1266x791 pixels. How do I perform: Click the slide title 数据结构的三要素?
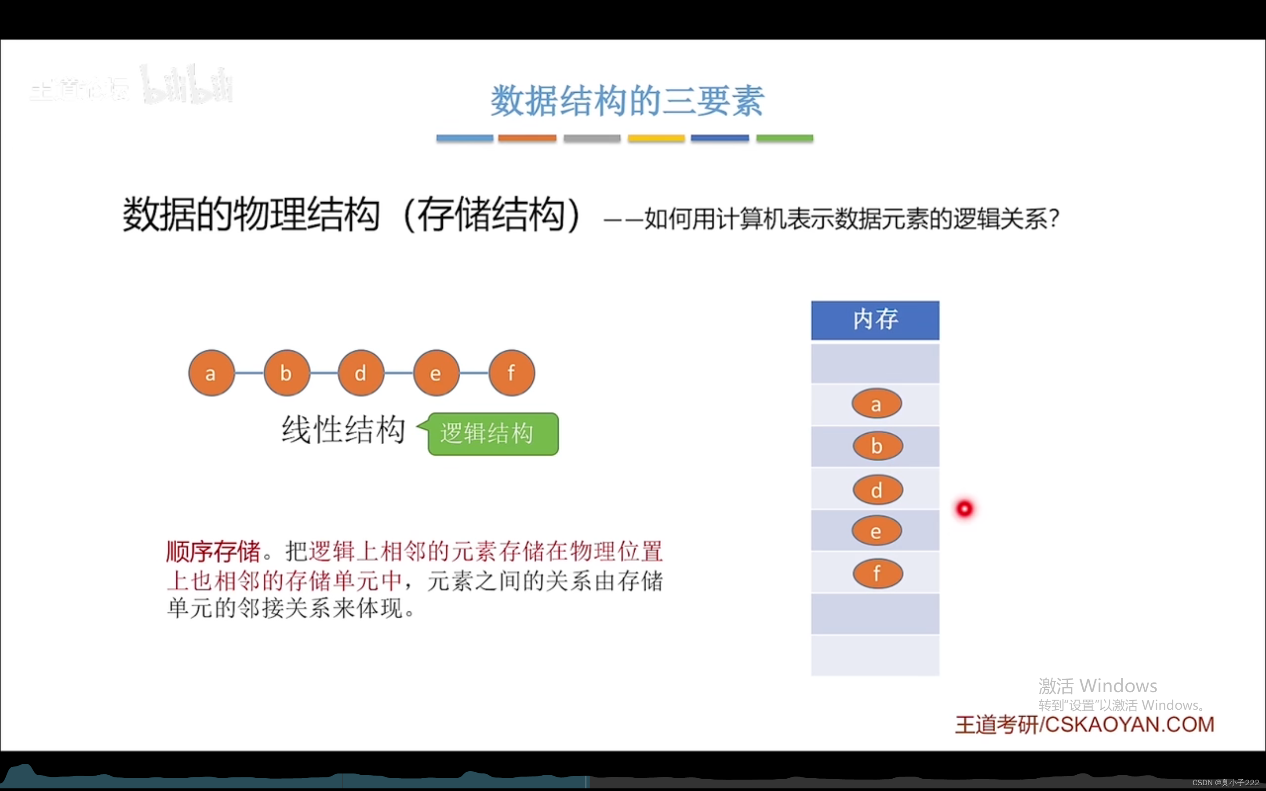click(627, 101)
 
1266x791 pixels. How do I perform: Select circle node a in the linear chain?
click(211, 373)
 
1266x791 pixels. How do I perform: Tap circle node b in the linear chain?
click(286, 373)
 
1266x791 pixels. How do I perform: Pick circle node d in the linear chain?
click(361, 373)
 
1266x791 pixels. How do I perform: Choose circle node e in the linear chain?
click(436, 373)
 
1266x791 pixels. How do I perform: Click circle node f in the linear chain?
click(511, 373)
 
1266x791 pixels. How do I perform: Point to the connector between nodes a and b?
click(249, 373)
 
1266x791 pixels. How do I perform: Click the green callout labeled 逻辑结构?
click(492, 434)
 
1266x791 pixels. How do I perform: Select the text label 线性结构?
click(343, 430)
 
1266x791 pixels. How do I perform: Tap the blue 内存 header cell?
click(875, 319)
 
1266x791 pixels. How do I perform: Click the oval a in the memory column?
click(876, 403)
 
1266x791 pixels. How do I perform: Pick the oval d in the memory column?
click(877, 490)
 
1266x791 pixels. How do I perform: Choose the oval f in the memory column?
click(877, 573)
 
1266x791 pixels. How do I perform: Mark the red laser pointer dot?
click(964, 508)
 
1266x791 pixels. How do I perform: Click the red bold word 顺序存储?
click(213, 552)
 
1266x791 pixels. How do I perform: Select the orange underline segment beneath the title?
click(526, 138)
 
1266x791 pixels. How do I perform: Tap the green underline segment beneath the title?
click(784, 138)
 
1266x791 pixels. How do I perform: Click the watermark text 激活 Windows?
click(1097, 686)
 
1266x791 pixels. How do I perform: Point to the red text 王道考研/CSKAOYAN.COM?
click(1084, 725)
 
